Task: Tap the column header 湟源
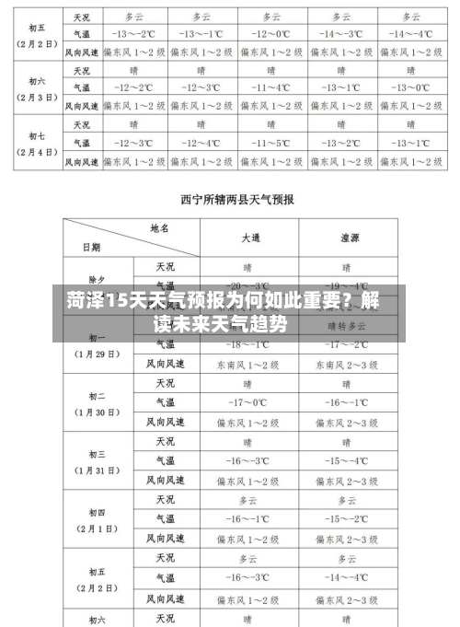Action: coord(347,237)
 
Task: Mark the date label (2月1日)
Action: coord(97,529)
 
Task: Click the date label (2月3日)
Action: coord(38,97)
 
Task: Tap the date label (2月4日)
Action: coord(38,152)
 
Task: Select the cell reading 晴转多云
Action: coord(347,326)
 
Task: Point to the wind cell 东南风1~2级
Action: coord(248,365)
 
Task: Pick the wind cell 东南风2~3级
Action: coord(347,365)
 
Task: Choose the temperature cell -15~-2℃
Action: coord(347,518)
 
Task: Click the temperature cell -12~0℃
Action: coord(270,33)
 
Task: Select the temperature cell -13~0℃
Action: coord(410,87)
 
